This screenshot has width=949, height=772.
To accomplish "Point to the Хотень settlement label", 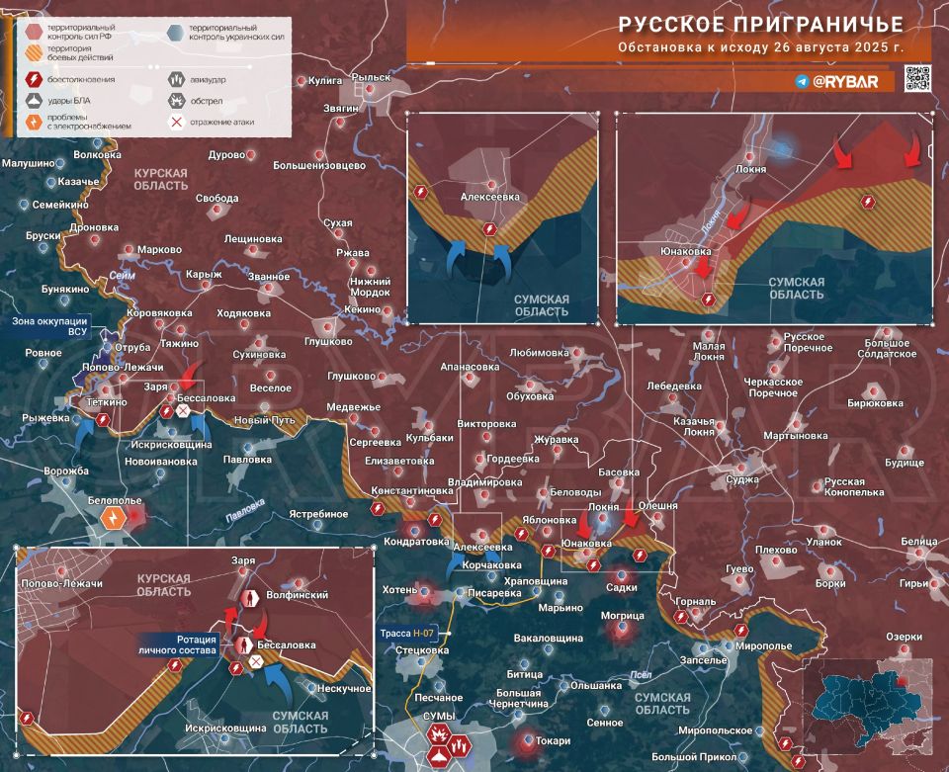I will click(399, 589).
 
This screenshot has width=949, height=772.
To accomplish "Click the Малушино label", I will click(27, 163).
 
